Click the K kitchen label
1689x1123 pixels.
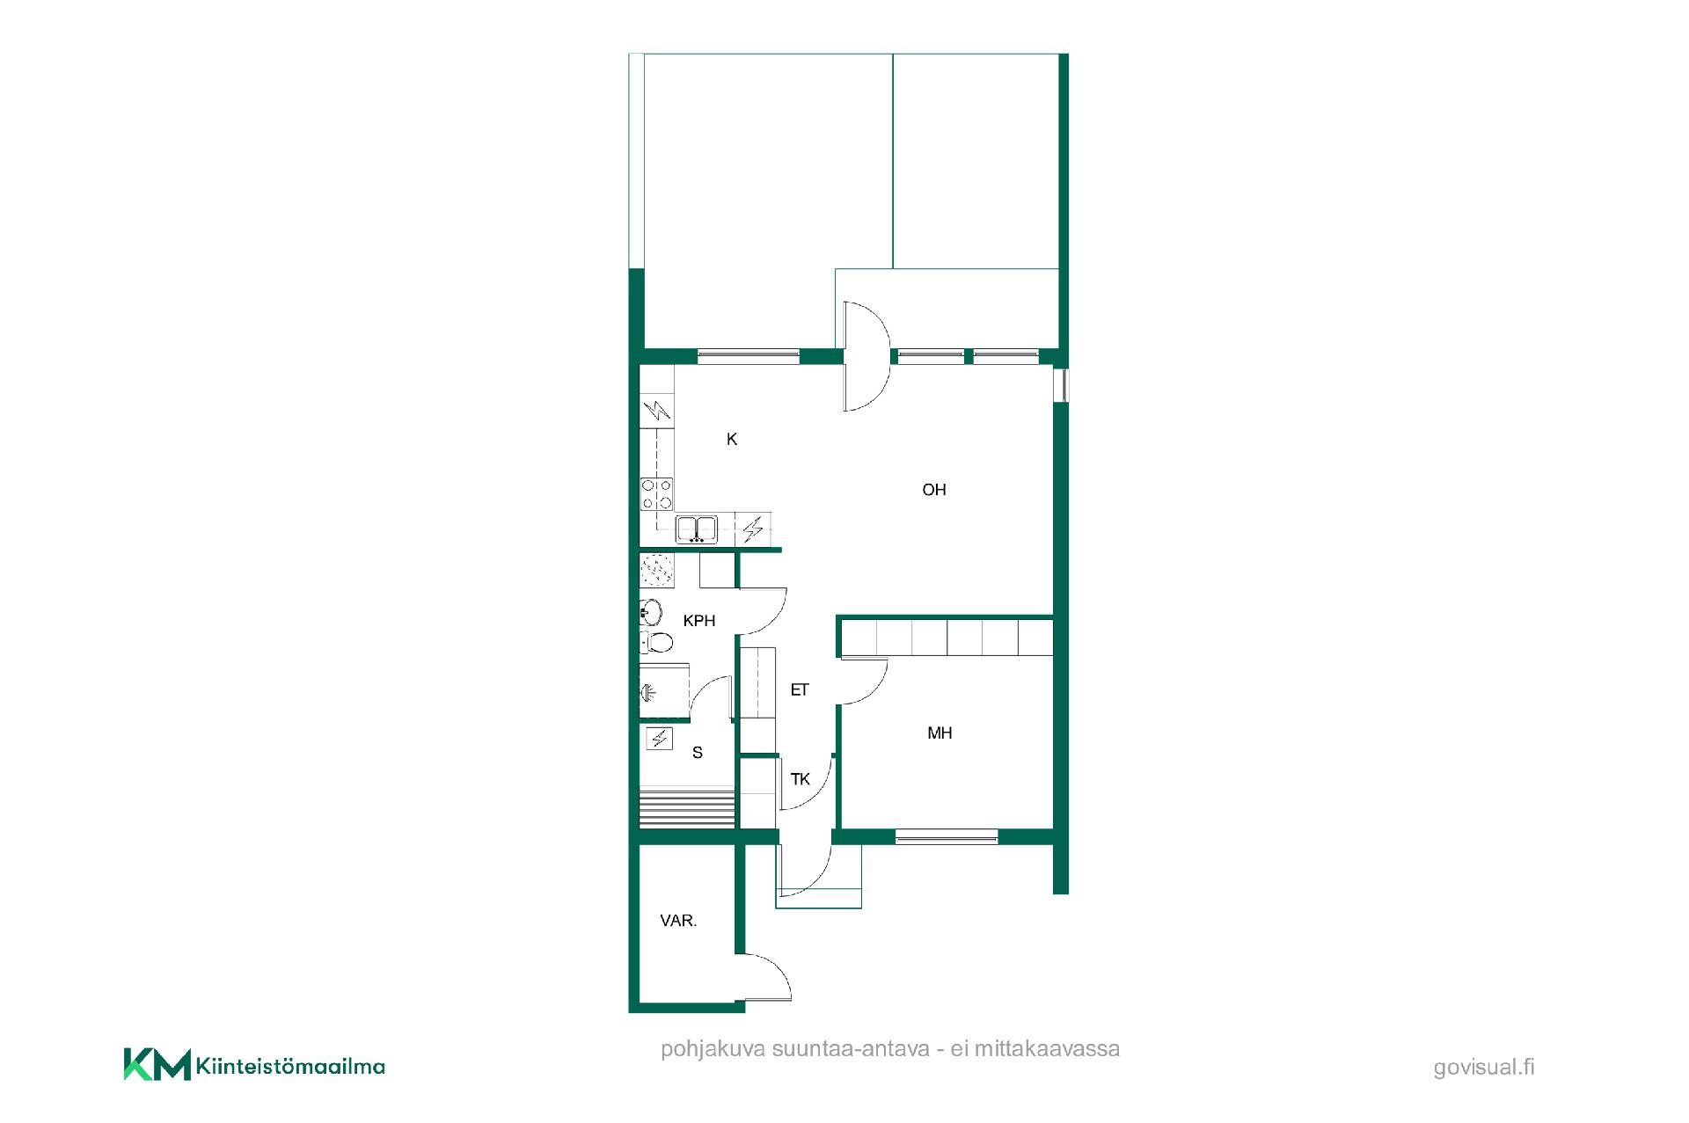[732, 439]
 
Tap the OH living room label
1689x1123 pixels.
[934, 490]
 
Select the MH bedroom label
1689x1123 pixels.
[940, 733]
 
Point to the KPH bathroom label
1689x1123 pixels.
[699, 621]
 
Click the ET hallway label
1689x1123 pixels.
[800, 690]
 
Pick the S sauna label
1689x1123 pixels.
[698, 753]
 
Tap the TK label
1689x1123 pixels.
[801, 779]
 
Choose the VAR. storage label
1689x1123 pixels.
[678, 921]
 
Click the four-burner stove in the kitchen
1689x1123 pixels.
[657, 493]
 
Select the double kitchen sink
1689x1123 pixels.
[697, 529]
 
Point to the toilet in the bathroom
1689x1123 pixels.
[656, 642]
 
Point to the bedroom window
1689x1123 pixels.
[947, 836]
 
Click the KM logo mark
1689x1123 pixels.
[157, 1064]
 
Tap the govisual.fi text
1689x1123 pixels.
[1484, 1068]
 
